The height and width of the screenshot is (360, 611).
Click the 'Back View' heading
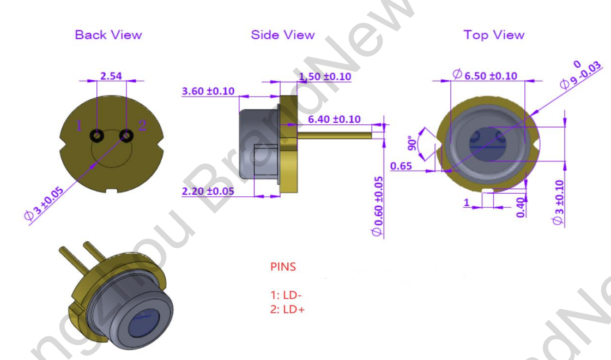coord(108,35)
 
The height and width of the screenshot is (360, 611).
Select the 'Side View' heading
coord(282,35)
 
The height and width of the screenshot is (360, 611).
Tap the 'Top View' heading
coord(493,35)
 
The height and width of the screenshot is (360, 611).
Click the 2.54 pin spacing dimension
coord(111,76)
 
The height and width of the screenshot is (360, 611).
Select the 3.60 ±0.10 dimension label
coord(208,91)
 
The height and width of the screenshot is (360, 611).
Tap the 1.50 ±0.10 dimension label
coord(325,76)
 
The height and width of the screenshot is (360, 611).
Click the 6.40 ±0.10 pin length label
coord(334,119)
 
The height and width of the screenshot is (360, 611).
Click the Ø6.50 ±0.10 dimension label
coord(485,75)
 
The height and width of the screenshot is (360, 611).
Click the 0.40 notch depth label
coord(520,207)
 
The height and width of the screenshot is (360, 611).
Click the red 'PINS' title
coord(283,267)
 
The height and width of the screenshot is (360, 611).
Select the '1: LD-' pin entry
coord(286,295)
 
